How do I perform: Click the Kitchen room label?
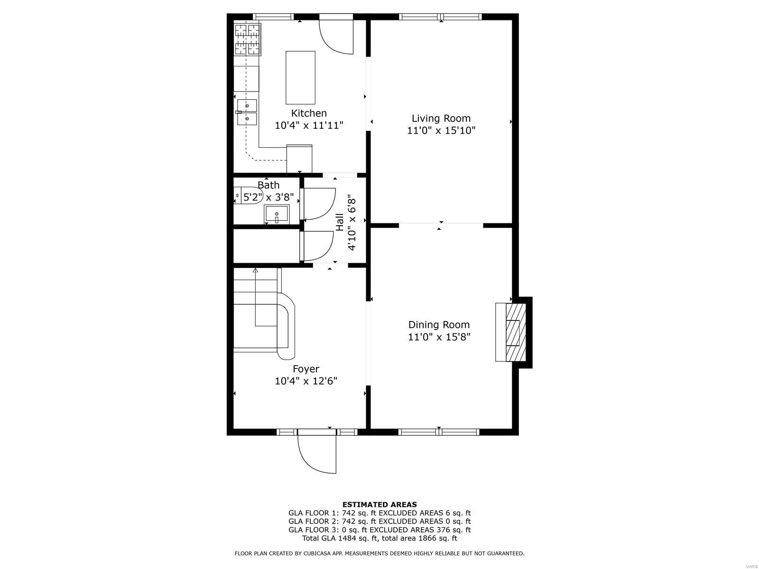[309, 113]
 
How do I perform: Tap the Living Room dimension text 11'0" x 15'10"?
[441, 130]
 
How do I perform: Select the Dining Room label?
[439, 325]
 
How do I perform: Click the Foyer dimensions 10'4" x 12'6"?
[306, 381]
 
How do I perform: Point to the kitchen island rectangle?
[300, 78]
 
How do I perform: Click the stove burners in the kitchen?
[247, 39]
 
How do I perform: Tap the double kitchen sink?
[247, 112]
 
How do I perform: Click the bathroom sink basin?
[277, 214]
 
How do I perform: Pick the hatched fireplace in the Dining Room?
[515, 332]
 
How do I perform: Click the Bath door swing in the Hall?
[319, 204]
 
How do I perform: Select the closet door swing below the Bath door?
[318, 246]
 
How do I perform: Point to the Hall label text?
[340, 222]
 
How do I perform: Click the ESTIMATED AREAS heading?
[379, 505]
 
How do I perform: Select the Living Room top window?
[441, 17]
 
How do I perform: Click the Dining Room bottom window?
[439, 431]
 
